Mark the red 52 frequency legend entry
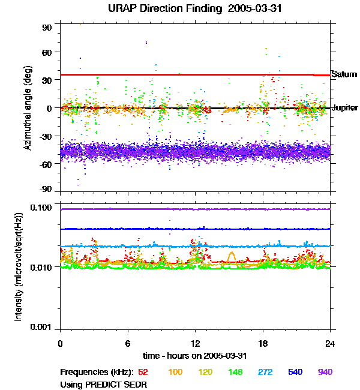click(x=143, y=373)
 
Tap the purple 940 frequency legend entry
click(x=325, y=373)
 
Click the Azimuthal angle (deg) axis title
click(x=28, y=109)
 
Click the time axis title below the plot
click(x=195, y=356)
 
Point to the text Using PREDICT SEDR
click(x=104, y=384)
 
